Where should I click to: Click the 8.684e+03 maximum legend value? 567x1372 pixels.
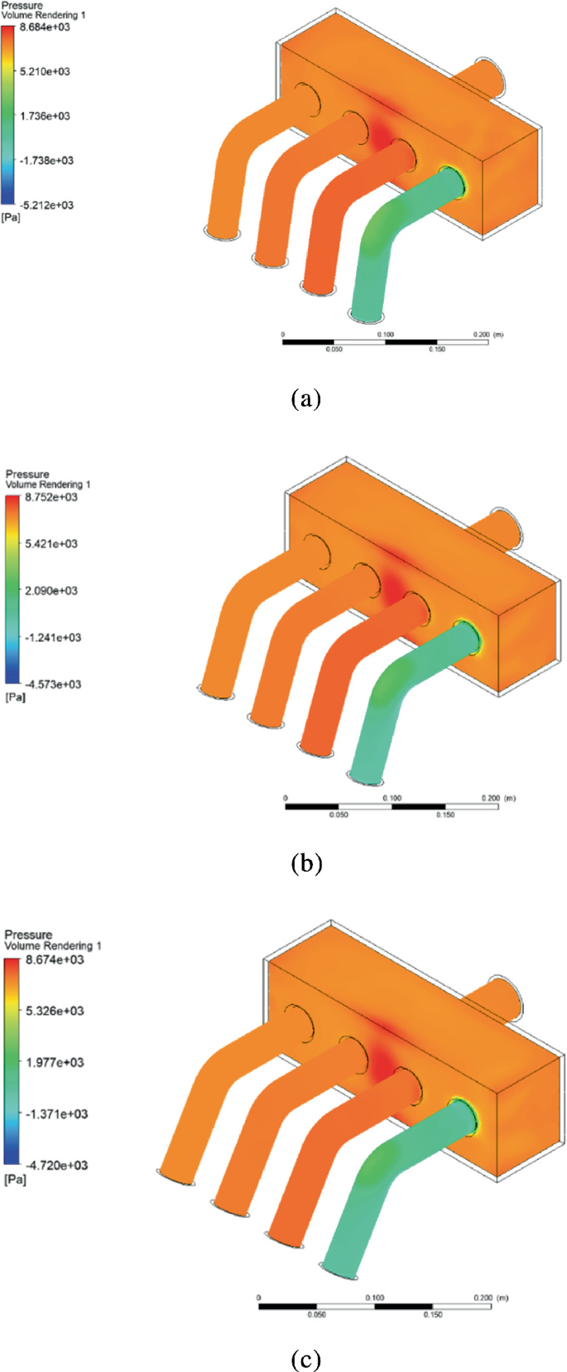(45, 27)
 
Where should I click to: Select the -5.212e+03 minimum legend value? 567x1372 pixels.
(46, 205)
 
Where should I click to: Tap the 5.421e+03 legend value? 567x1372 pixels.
(50, 543)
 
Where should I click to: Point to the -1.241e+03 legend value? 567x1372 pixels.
(52, 637)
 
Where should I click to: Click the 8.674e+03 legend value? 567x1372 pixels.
(55, 959)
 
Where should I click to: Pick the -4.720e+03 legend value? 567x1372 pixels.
(56, 1165)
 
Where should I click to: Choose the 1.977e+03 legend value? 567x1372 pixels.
(55, 1062)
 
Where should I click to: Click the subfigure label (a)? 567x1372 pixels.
(305, 399)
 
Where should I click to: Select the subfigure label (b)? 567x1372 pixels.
(305, 863)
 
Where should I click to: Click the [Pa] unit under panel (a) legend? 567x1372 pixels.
(11, 217)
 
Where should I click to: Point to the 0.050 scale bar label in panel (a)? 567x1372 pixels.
(334, 350)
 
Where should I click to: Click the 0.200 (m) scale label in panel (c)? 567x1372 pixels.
(489, 1297)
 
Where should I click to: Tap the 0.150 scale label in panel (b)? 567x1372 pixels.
(445, 814)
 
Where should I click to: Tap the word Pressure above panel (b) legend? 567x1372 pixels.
(27, 475)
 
